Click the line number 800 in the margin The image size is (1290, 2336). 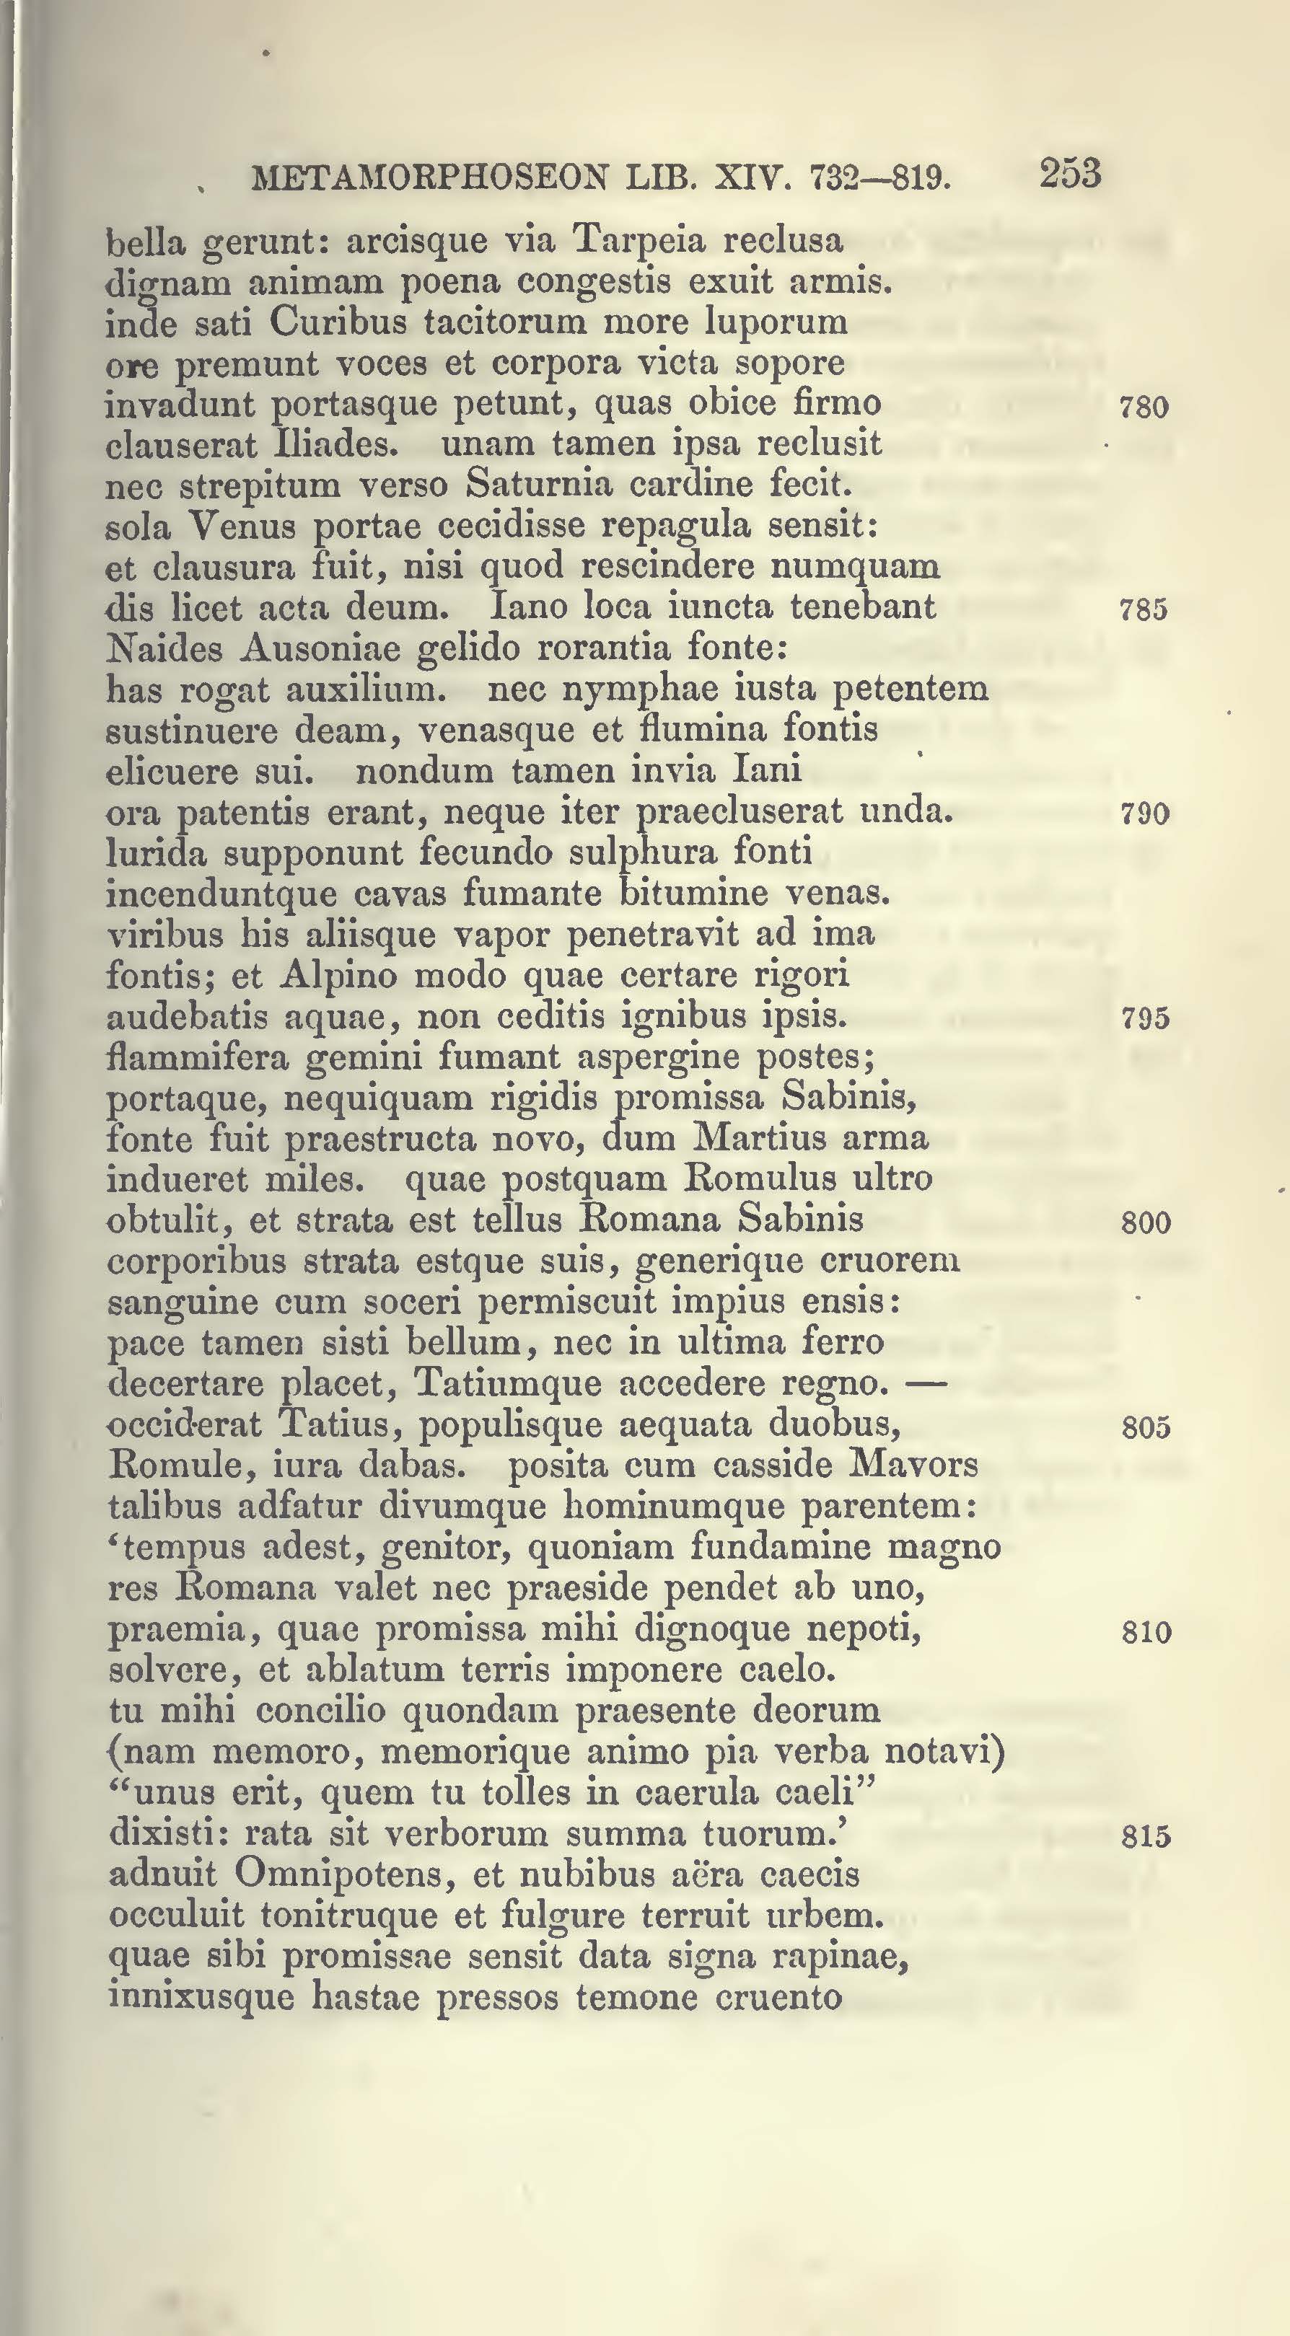[x=1145, y=1224]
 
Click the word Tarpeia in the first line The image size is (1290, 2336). [x=634, y=240]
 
